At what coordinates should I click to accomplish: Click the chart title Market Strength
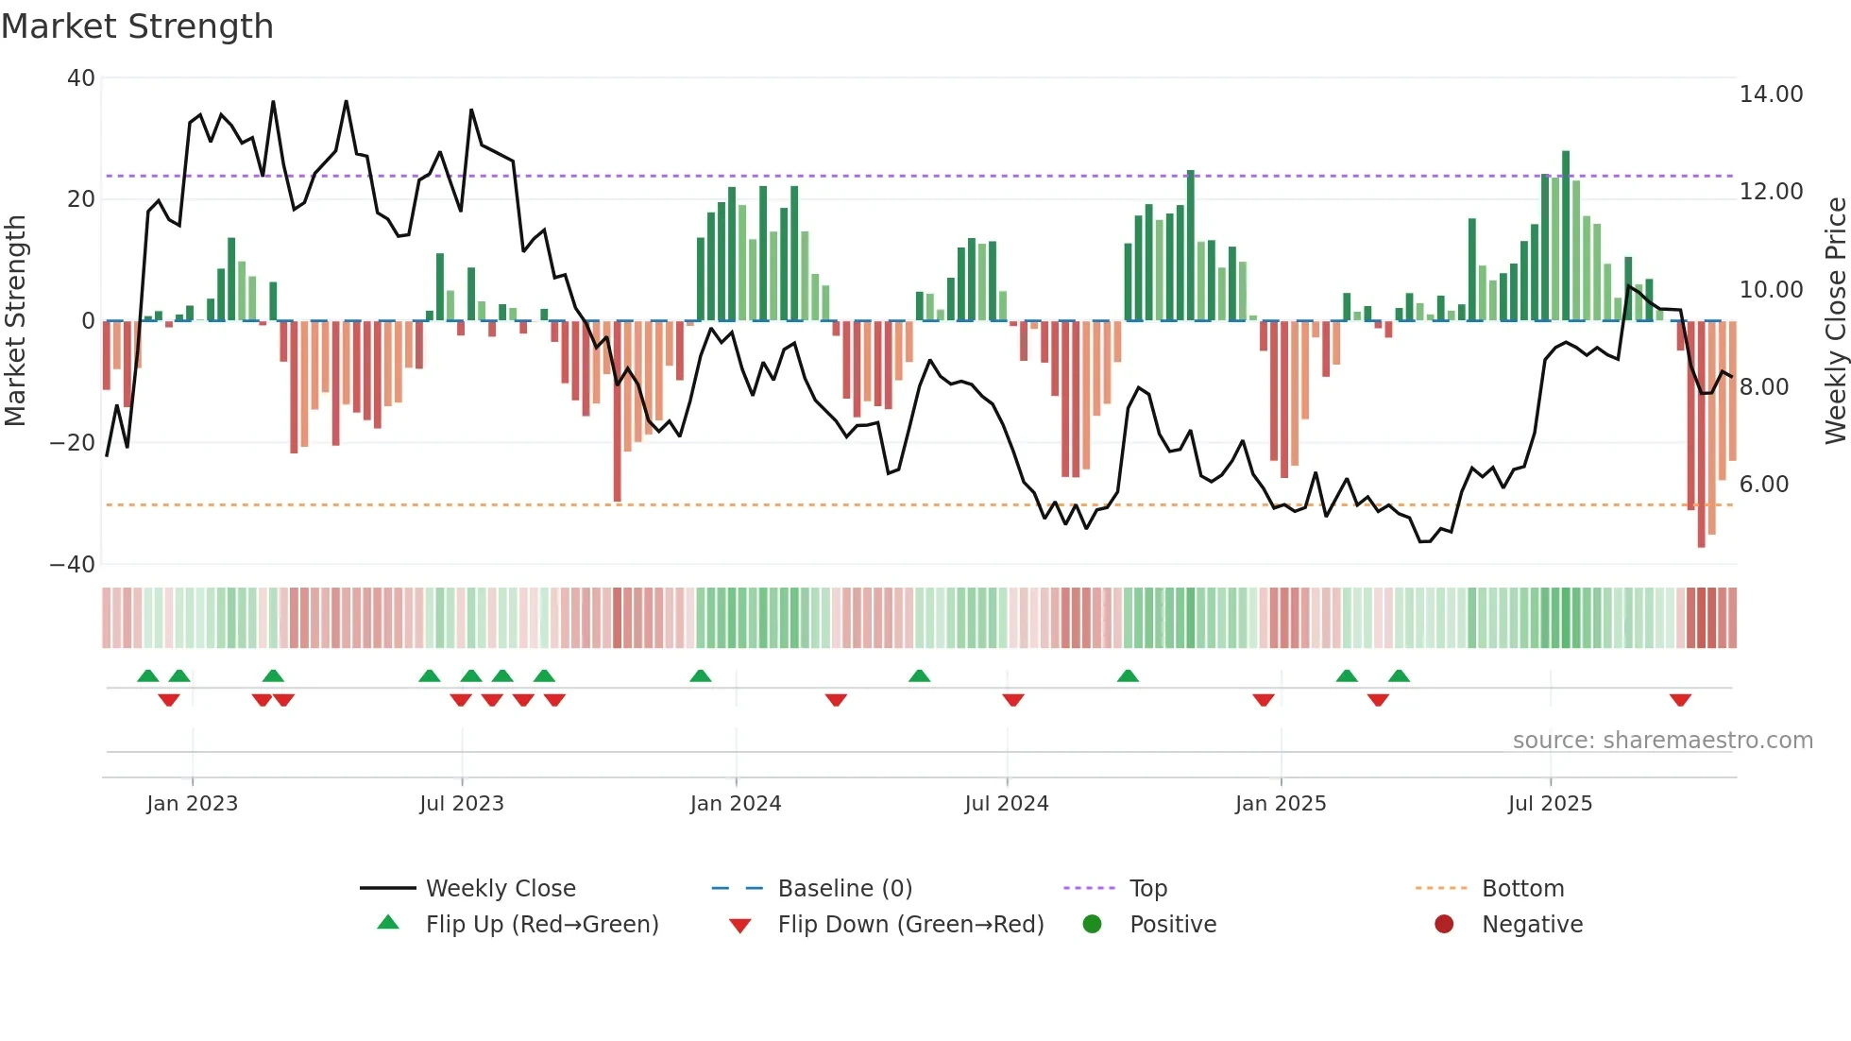[137, 26]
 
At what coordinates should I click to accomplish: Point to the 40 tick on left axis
[81, 78]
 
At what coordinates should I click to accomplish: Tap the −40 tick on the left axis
[72, 565]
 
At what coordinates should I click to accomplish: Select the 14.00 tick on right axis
[1771, 94]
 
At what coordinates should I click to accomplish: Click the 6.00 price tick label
[1764, 485]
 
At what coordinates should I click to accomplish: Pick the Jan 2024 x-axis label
[736, 804]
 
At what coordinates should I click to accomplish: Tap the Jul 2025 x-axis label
[1550, 804]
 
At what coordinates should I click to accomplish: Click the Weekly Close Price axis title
[1835, 321]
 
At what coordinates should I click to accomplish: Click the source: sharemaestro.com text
[1662, 741]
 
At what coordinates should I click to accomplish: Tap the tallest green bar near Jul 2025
[1566, 236]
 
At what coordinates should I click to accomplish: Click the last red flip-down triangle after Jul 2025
[1680, 700]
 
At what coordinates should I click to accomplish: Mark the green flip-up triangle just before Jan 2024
[700, 676]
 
